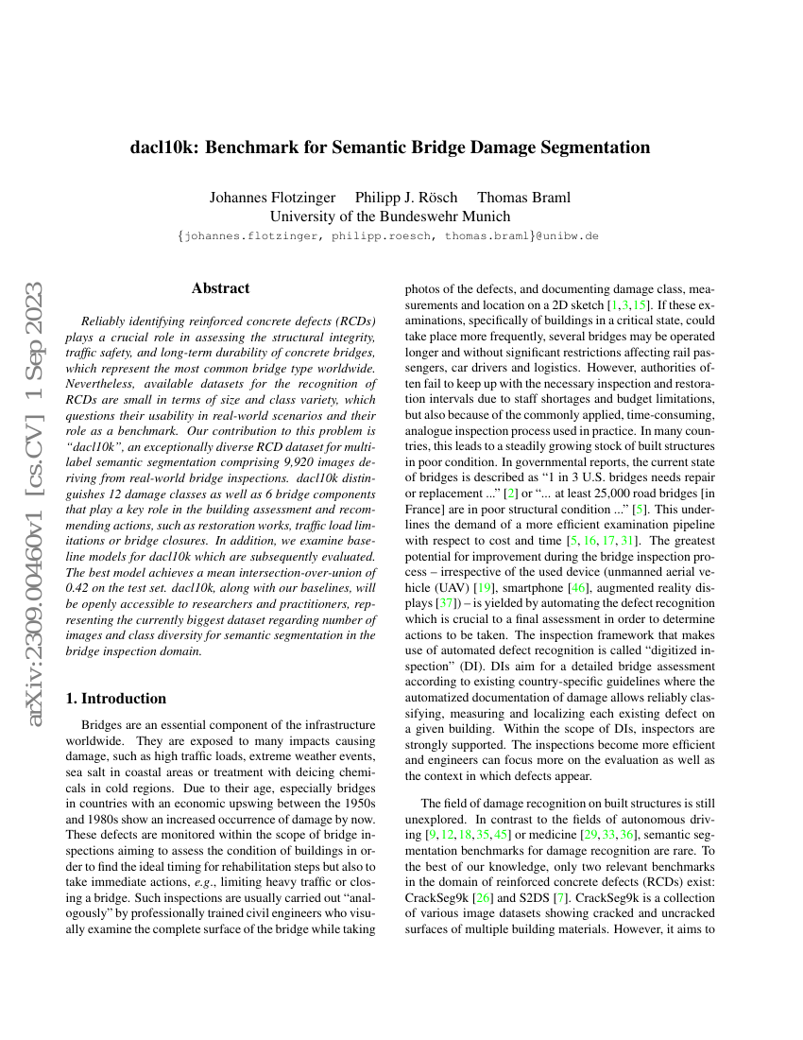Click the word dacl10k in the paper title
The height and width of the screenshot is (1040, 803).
pos(164,147)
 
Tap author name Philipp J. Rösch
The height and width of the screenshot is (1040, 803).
pos(406,198)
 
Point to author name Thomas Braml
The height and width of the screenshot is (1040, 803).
pos(523,198)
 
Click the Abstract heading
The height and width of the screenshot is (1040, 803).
pos(220,288)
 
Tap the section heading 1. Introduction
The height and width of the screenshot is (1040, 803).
pos(115,699)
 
